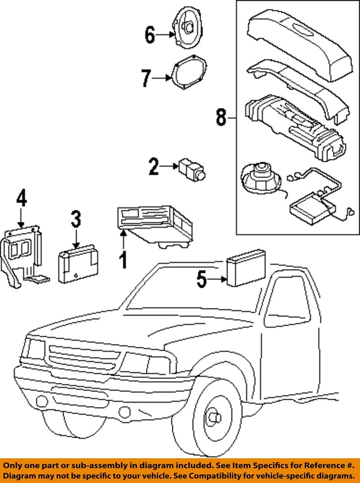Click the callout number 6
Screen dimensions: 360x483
coord(150,35)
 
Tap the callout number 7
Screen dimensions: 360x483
coord(146,78)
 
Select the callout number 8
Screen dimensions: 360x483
coord(221,117)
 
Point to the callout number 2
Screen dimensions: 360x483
coord(154,166)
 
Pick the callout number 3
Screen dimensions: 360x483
coord(76,220)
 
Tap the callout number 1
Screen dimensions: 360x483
coord(123,260)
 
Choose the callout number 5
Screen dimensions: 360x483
coord(202,279)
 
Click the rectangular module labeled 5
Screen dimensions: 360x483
coord(246,267)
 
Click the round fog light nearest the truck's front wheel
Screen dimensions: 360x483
coord(125,412)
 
